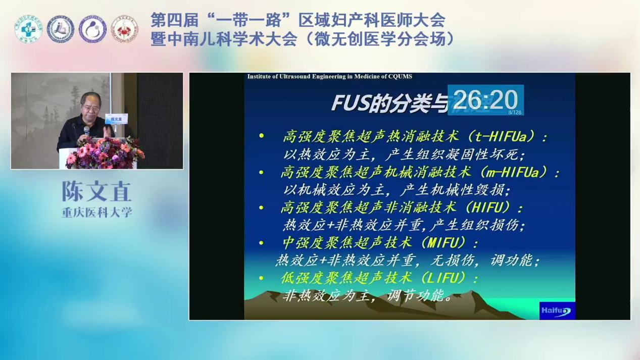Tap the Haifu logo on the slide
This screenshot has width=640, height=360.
tap(557, 311)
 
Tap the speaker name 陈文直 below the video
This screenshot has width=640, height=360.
tap(96, 191)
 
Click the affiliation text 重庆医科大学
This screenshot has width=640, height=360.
tap(96, 213)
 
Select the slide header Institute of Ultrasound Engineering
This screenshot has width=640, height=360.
tap(329, 77)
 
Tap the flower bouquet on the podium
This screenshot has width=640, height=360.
tap(105, 152)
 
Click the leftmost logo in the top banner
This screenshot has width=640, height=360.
tap(28, 29)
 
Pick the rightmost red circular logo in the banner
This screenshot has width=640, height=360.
tap(124, 29)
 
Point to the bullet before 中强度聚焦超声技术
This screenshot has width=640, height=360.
tap(261, 243)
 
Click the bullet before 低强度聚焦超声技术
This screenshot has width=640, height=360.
tap(261, 278)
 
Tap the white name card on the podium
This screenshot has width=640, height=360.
tap(116, 120)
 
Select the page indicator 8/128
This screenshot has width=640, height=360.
tap(515, 112)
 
